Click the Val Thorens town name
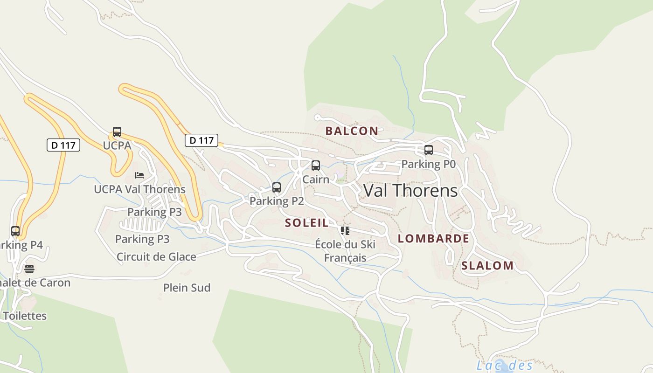410,191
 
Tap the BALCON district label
352,131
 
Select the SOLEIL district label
307,223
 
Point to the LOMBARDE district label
433,239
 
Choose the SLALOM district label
487,266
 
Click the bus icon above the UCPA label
117,132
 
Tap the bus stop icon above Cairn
316,166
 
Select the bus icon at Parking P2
277,187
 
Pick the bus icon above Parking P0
429,150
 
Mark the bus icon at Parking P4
15,231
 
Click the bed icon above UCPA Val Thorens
139,175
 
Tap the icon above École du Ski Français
345,230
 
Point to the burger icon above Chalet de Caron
29,269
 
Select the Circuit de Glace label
156,257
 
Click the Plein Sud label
187,288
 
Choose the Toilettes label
25,316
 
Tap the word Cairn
316,179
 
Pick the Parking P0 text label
428,164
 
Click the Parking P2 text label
277,201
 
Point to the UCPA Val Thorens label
139,189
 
